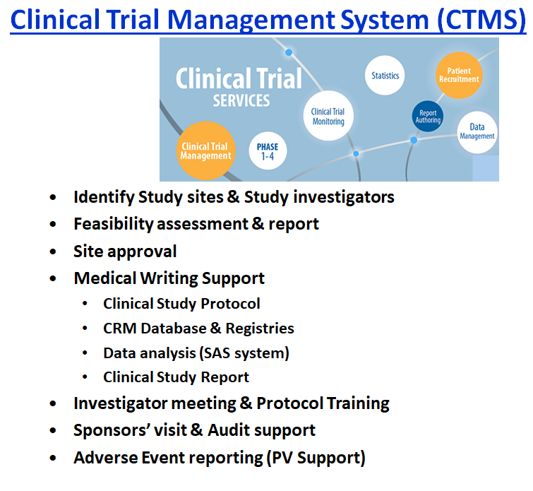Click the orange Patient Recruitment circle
(x=459, y=75)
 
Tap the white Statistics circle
(x=385, y=76)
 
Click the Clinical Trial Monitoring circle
(x=328, y=117)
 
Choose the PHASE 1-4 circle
(x=268, y=151)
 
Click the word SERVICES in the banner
(x=241, y=100)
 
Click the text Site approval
(x=125, y=252)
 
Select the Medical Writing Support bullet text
(x=169, y=278)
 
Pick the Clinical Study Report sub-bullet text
(x=176, y=377)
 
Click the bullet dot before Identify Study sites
(x=54, y=198)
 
